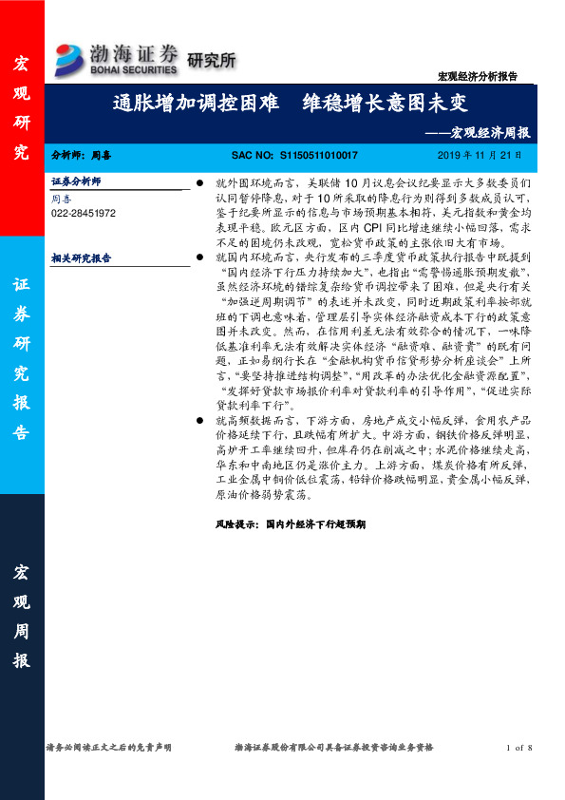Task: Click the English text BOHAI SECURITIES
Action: pos(135,69)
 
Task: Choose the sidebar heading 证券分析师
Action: pos(76,180)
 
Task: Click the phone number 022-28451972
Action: pos(84,214)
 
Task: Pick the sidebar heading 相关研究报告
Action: pos(81,257)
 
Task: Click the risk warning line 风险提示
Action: pos(297,523)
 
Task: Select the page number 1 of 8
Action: pos(520,748)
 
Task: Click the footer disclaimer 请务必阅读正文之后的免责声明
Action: pos(108,748)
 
